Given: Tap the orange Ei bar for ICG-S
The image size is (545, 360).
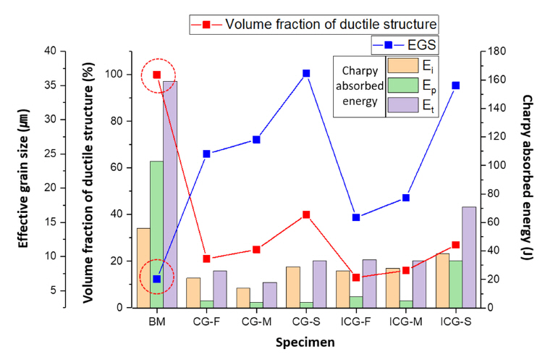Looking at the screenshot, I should click(x=442, y=280).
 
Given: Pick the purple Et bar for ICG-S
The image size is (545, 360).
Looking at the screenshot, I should click(x=468, y=257).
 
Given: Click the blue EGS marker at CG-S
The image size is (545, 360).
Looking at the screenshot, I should click(x=306, y=73).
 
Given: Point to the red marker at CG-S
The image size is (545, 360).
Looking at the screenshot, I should click(x=306, y=214).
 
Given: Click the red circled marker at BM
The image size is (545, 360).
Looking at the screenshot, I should click(x=157, y=75).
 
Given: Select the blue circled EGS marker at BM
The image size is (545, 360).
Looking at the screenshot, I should click(x=157, y=279).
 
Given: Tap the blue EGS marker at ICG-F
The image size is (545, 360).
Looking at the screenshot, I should click(x=356, y=217).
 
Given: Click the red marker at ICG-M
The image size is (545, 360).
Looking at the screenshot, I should click(x=406, y=270).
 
